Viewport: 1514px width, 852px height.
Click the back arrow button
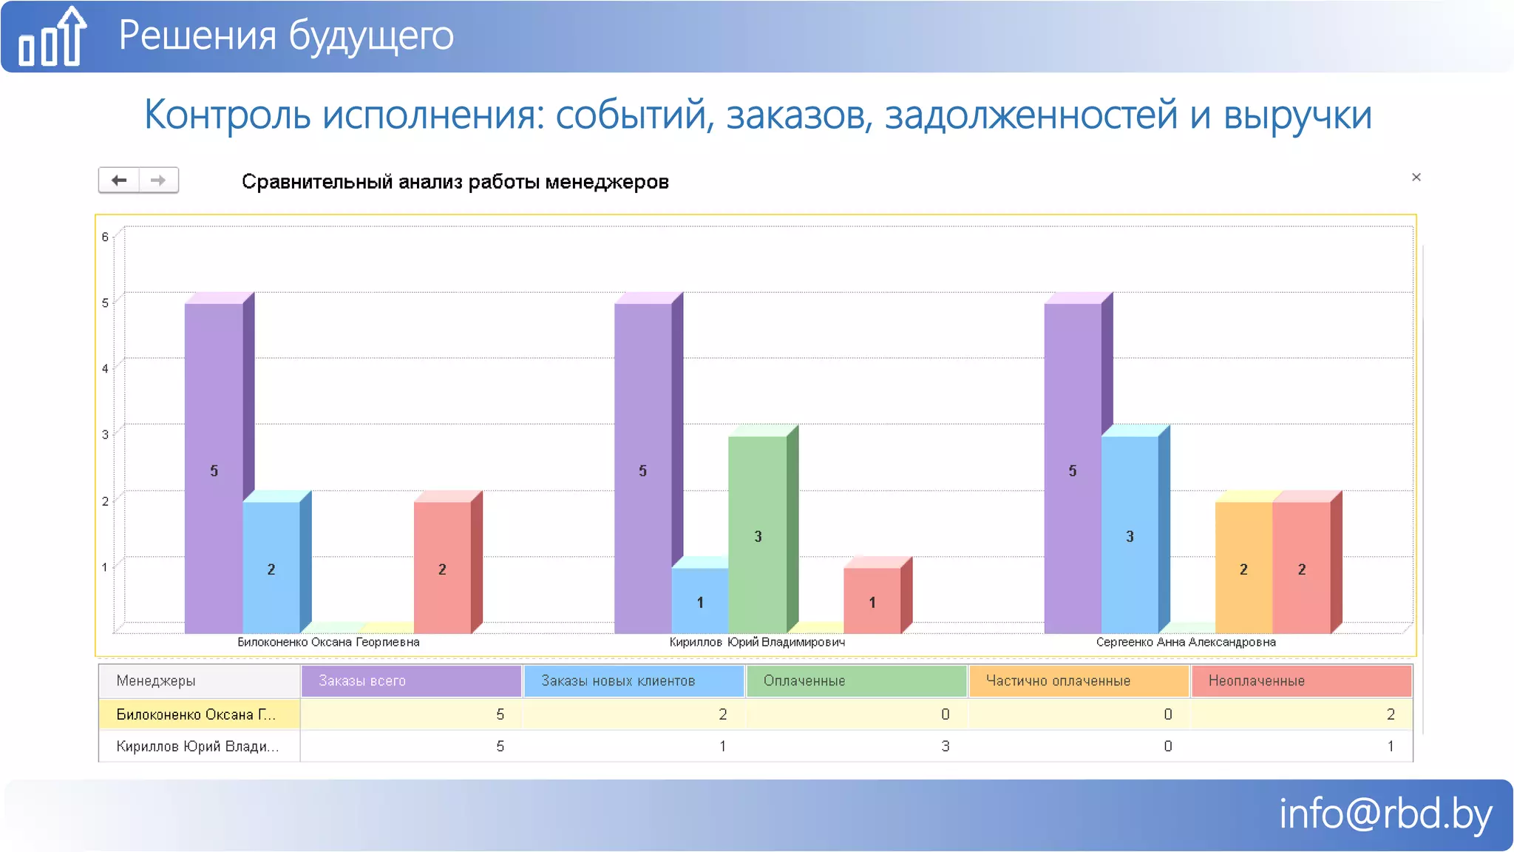point(119,180)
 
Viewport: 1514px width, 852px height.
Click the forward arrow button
point(158,180)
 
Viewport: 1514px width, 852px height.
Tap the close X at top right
point(1416,177)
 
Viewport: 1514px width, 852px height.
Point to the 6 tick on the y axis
point(105,237)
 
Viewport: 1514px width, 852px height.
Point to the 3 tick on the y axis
point(105,434)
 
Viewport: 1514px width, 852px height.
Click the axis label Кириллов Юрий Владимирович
point(757,642)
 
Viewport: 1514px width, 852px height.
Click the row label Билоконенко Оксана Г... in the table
point(197,714)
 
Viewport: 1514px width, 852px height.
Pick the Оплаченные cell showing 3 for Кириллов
point(944,746)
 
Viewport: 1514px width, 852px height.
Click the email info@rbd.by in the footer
point(1385,814)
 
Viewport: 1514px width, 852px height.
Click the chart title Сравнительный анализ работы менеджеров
point(455,182)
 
